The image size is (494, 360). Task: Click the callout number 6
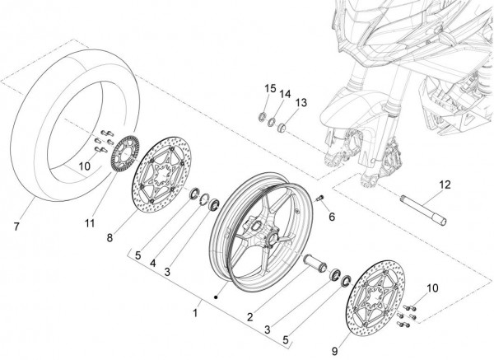[332, 217]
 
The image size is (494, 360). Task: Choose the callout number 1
[195, 314]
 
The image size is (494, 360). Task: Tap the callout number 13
[301, 103]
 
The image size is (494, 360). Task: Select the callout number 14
[284, 95]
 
